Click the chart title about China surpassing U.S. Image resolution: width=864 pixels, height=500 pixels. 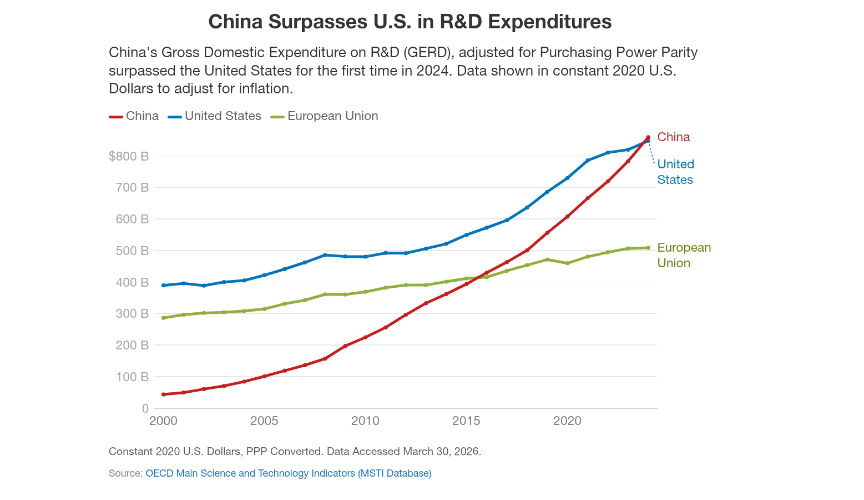tap(410, 22)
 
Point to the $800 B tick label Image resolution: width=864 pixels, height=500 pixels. tap(129, 156)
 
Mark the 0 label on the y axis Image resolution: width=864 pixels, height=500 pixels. tap(145, 408)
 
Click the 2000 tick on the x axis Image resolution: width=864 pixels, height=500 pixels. tap(164, 421)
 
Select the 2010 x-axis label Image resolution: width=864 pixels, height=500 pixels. tap(365, 421)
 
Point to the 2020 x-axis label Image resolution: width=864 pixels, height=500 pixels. tap(567, 421)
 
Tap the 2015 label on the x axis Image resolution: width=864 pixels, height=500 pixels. tap(466, 421)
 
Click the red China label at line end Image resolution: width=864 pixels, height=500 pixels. tap(673, 137)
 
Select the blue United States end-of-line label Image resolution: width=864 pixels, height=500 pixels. tap(675, 172)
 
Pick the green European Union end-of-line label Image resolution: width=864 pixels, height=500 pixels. tap(684, 255)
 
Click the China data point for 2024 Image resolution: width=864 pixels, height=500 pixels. tap(648, 137)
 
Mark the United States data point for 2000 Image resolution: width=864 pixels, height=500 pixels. tap(163, 286)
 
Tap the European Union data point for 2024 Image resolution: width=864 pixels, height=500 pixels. tap(648, 248)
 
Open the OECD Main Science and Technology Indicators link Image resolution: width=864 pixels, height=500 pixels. tap(288, 473)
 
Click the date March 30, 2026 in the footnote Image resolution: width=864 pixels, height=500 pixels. tap(442, 451)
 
